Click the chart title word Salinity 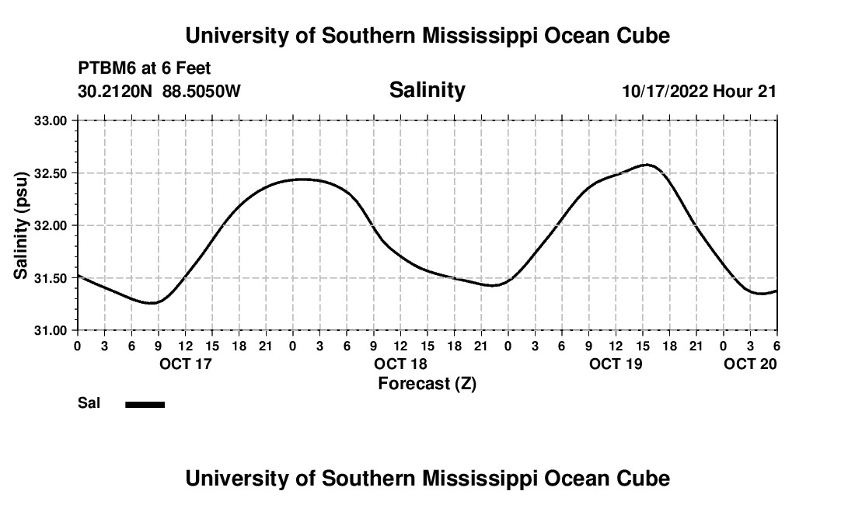click(x=427, y=90)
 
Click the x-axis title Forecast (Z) click(x=427, y=383)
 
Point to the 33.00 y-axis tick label click(x=51, y=120)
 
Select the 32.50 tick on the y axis click(x=51, y=173)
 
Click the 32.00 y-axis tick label click(x=51, y=225)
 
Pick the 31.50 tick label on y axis click(x=51, y=278)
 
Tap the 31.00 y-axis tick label click(x=51, y=330)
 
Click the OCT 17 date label click(x=185, y=364)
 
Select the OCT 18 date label click(x=400, y=364)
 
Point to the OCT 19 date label click(x=616, y=364)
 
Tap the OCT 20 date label click(x=750, y=364)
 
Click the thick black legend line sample click(x=145, y=404)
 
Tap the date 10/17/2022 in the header click(x=665, y=91)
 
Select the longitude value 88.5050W click(x=202, y=91)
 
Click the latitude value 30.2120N click(x=116, y=91)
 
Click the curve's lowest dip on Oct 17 click(x=153, y=303)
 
